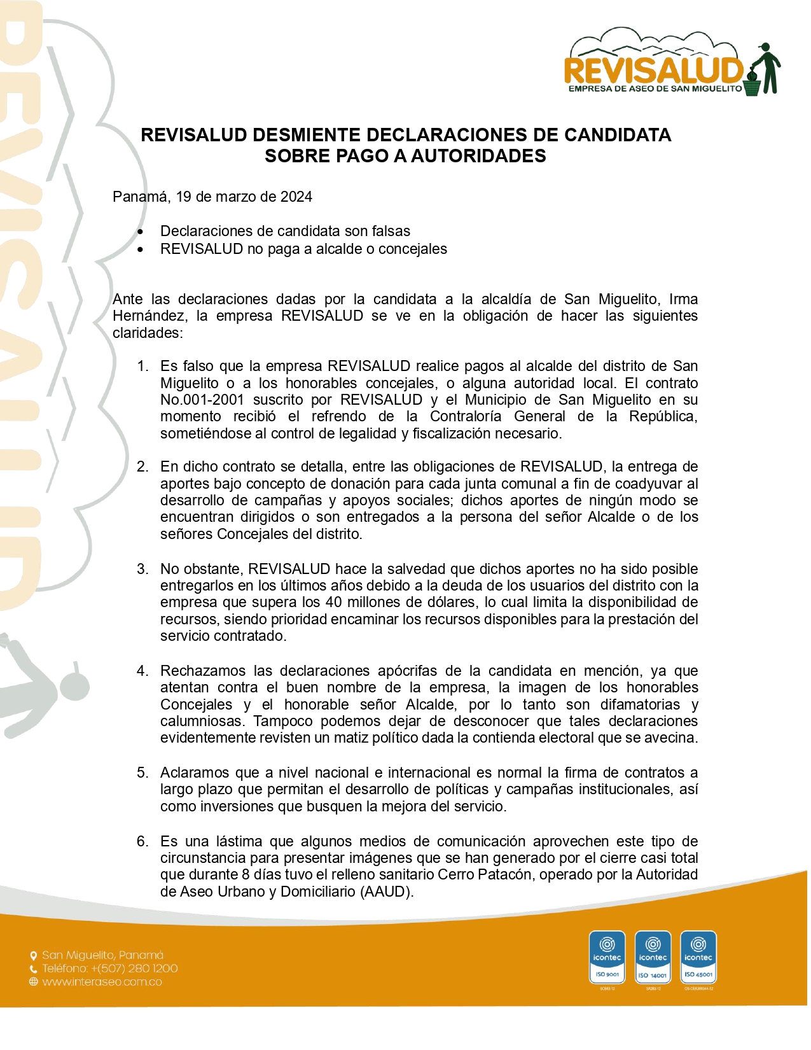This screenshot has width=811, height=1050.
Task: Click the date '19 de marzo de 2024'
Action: [244, 197]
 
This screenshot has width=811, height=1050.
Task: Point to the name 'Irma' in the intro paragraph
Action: [683, 299]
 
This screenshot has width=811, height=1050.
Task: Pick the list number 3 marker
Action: [142, 569]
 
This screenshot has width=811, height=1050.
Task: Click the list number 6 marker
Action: [142, 841]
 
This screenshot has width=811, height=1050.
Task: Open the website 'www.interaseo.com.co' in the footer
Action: [102, 982]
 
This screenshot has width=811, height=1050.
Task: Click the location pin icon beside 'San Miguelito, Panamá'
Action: [34, 955]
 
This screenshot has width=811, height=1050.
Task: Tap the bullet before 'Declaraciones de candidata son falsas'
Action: [141, 232]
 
